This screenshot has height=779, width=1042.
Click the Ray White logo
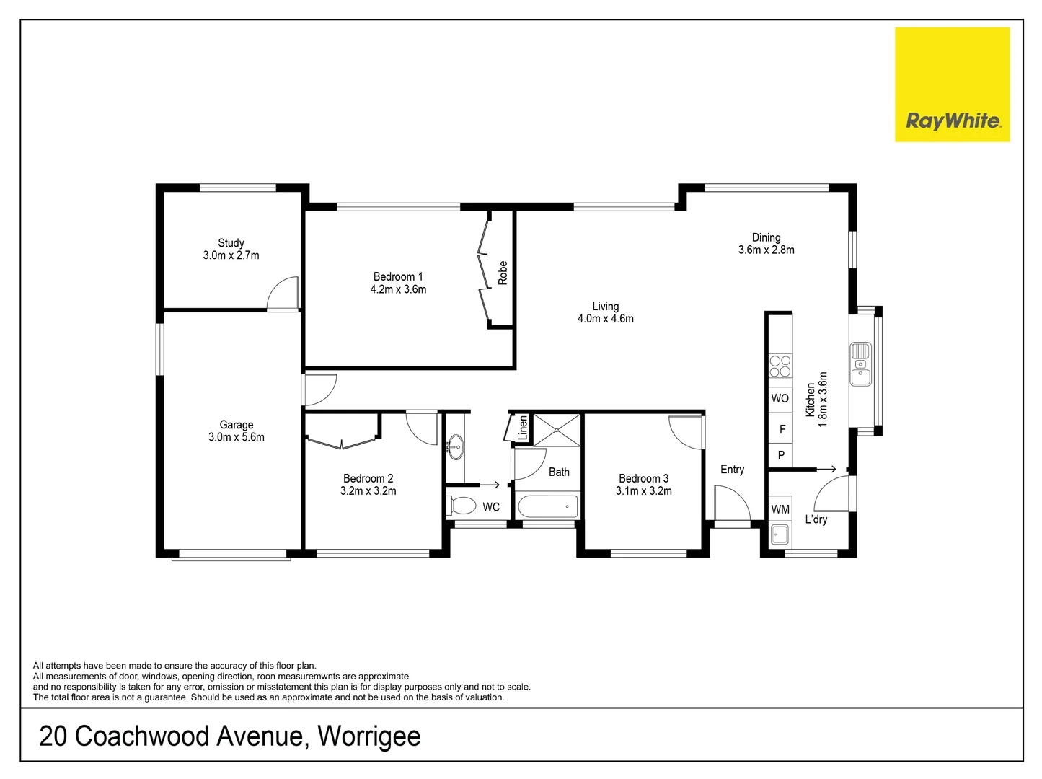pyautogui.click(x=952, y=85)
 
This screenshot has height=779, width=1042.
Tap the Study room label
pyautogui.click(x=231, y=243)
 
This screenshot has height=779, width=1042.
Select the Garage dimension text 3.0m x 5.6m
pyautogui.click(x=237, y=437)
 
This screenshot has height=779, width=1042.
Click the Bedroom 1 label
pyautogui.click(x=398, y=276)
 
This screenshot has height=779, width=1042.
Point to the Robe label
pyautogui.click(x=503, y=273)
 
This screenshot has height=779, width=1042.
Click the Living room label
pyautogui.click(x=606, y=307)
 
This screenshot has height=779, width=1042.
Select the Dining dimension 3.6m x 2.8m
pyautogui.click(x=766, y=250)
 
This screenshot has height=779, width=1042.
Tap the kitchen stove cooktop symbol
pyautogui.click(x=780, y=366)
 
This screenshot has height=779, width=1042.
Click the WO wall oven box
pyautogui.click(x=780, y=398)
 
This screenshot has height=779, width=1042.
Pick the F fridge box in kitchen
pyautogui.click(x=781, y=429)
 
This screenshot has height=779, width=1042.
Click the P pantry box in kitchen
pyautogui.click(x=780, y=455)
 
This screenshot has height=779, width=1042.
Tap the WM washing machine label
pyautogui.click(x=780, y=509)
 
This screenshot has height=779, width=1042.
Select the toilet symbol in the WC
pyautogui.click(x=459, y=504)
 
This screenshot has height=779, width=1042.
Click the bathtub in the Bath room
pyautogui.click(x=548, y=506)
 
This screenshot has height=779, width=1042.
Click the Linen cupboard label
pyautogui.click(x=523, y=428)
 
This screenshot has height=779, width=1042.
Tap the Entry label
pyautogui.click(x=732, y=470)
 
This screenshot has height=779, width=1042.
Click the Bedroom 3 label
pyautogui.click(x=643, y=478)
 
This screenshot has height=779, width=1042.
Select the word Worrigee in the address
pyautogui.click(x=368, y=736)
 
